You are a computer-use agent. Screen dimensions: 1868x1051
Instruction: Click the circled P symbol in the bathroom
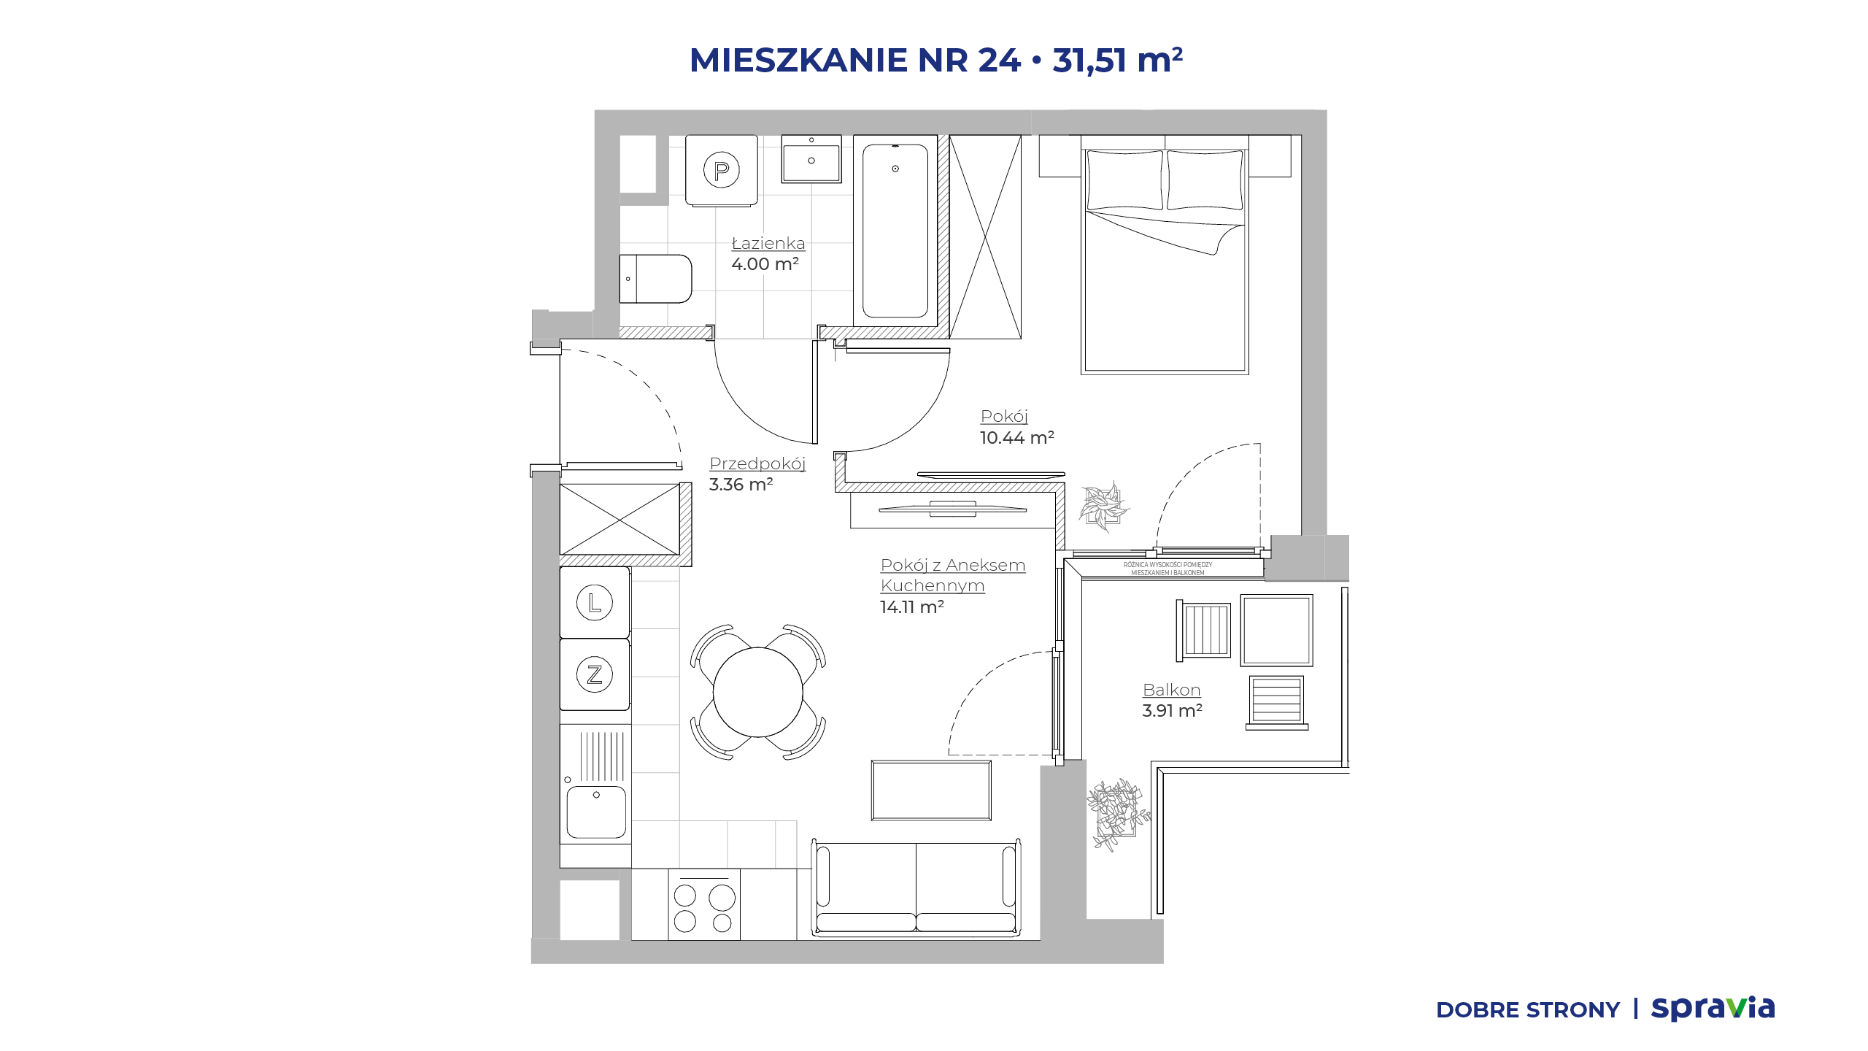click(721, 170)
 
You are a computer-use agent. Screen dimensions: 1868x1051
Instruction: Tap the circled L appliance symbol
click(595, 603)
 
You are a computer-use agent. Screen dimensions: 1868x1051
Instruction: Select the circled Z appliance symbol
click(595, 674)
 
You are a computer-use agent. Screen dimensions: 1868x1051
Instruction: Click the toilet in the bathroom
click(655, 278)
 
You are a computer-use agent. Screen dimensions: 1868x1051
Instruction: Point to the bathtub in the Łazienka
click(895, 231)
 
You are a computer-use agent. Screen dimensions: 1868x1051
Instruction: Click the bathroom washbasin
click(811, 158)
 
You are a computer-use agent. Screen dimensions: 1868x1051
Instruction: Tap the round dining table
click(758, 692)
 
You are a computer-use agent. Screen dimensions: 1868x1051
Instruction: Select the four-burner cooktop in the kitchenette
click(704, 905)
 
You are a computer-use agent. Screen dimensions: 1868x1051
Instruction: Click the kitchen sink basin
click(596, 811)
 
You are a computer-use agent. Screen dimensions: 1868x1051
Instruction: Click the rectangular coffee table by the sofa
click(931, 790)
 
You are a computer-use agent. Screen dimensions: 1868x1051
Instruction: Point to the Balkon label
click(1171, 690)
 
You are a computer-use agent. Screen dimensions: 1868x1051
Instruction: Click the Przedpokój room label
click(757, 464)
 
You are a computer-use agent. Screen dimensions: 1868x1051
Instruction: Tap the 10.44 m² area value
click(1016, 437)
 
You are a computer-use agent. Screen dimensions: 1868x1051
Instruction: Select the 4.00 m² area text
click(765, 263)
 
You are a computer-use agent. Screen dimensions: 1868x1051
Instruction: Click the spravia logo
click(1713, 1008)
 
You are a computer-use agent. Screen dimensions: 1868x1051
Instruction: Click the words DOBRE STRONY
click(1528, 1010)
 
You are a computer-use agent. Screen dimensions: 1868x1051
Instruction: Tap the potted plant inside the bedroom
click(1104, 506)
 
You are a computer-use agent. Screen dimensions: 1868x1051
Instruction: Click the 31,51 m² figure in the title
click(1117, 60)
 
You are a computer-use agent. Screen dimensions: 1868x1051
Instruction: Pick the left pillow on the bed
click(1124, 180)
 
